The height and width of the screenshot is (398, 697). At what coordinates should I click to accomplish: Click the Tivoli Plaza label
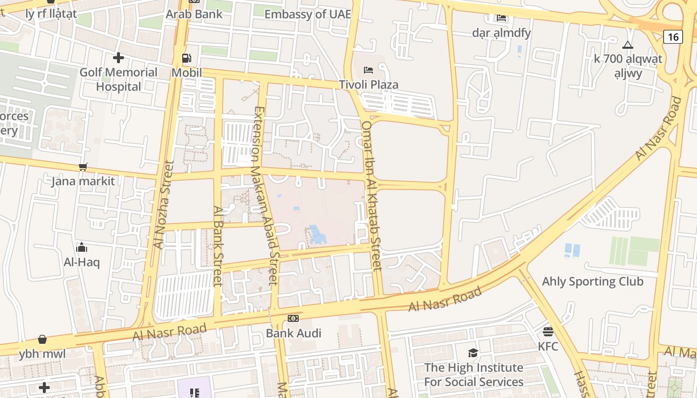368,85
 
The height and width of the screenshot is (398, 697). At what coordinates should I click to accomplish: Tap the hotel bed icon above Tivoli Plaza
368,70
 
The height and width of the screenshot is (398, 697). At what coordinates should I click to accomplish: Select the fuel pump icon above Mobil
186,58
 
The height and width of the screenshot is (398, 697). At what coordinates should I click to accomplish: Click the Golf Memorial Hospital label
118,79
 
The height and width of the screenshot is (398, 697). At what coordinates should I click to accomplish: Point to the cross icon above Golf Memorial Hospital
118,58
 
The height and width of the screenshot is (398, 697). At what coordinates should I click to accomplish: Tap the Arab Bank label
194,14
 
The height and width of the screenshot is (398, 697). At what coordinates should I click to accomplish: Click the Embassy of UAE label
308,14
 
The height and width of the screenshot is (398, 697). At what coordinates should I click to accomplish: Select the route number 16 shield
673,36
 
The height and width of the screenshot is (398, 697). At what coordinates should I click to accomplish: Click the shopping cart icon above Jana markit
83,167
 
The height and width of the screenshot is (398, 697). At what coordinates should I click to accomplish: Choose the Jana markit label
83,181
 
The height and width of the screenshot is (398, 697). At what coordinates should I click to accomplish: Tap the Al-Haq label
82,262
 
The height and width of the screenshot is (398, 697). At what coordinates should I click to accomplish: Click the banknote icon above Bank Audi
293,318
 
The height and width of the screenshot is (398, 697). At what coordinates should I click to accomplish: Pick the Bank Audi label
294,333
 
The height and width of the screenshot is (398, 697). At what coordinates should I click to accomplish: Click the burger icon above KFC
548,331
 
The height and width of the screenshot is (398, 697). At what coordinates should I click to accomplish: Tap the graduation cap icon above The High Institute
473,353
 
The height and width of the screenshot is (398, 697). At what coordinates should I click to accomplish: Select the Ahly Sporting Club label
592,282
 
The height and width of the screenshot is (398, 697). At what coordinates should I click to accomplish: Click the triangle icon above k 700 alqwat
628,45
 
